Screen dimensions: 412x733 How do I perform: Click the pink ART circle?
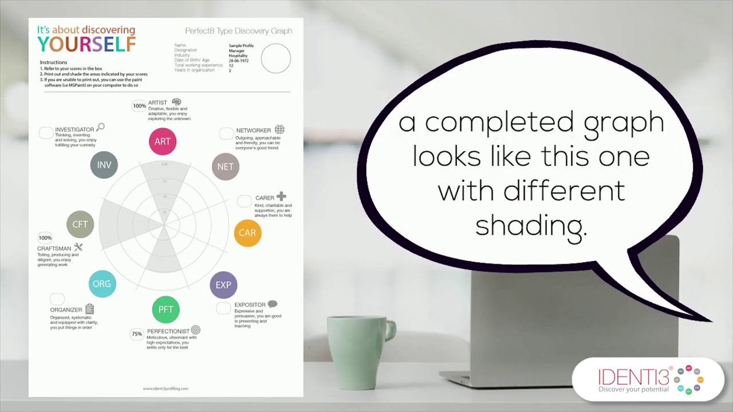point(163,141)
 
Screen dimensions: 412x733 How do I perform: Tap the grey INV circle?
point(104,165)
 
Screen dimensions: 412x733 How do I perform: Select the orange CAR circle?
point(247,233)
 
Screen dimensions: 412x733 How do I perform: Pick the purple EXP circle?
point(223,284)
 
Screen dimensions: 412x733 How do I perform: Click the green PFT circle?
point(165,310)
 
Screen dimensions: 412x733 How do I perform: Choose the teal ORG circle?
point(102,284)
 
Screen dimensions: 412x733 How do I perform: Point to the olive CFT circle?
point(80,224)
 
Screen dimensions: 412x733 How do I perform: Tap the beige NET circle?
point(225,167)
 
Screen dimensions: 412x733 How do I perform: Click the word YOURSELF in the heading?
point(86,44)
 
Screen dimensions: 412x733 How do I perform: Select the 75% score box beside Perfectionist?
point(137,334)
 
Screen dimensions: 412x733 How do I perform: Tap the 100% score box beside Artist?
point(139,106)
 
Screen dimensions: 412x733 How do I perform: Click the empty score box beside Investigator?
point(46,133)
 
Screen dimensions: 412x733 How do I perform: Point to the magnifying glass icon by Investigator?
point(101,127)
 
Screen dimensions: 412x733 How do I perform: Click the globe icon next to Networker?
point(279,130)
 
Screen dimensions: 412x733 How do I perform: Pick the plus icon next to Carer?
point(281,197)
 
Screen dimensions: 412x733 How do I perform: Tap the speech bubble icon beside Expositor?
point(273,304)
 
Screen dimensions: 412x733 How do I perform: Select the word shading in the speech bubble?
point(531,225)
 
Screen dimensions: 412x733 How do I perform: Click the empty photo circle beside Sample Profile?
point(276,58)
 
